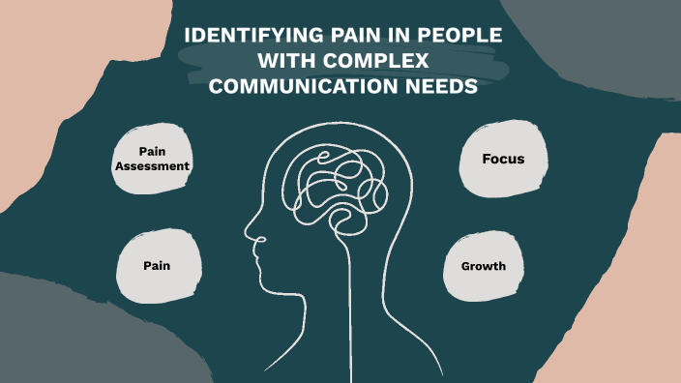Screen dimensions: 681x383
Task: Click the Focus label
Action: (503, 158)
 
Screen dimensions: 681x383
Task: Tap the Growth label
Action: (484, 265)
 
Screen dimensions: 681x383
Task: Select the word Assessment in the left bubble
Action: (151, 165)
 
